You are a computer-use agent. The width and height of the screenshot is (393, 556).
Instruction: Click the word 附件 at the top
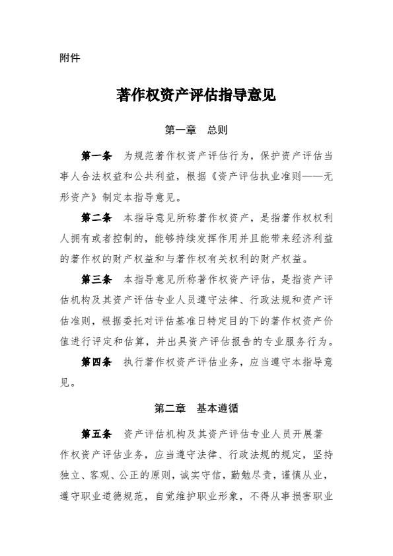click(69, 58)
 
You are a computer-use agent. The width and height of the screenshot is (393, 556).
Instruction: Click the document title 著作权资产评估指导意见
click(196, 96)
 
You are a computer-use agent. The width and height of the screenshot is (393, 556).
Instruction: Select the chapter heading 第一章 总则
click(196, 130)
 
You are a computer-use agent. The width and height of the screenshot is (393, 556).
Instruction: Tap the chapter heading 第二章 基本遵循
click(196, 408)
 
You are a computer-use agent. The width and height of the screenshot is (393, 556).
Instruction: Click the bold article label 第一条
click(96, 156)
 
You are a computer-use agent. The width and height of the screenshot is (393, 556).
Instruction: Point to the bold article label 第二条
click(96, 217)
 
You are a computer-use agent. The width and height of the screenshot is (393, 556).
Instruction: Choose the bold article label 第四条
click(96, 362)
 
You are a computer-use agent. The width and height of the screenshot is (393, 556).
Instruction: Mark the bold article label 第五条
click(96, 434)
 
